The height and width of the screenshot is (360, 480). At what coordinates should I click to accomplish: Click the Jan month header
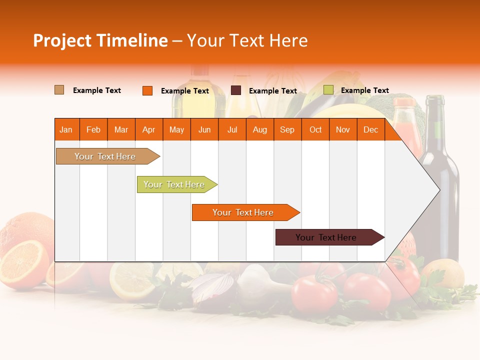point(66,129)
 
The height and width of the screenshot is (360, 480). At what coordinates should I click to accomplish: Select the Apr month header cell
point(149,129)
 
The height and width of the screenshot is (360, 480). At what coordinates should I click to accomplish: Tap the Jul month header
point(232,129)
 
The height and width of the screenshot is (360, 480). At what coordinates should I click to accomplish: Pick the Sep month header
point(287,129)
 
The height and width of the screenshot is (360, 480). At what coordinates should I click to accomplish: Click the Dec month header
point(370,129)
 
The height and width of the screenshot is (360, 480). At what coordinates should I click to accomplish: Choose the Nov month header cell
point(343,129)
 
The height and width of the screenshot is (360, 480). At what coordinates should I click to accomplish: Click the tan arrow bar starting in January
point(105,156)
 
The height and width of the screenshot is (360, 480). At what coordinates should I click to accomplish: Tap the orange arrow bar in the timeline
point(243,212)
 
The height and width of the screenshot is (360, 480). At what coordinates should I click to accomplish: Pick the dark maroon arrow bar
point(326,237)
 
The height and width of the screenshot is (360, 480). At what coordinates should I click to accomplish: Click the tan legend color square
point(59,90)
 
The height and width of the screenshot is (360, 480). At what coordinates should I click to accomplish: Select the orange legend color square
point(147,90)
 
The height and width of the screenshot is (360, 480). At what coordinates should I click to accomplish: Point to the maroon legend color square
point(236,90)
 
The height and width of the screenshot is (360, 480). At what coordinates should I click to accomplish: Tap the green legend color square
point(328,90)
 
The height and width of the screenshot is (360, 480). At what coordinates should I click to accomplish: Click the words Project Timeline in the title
point(100,40)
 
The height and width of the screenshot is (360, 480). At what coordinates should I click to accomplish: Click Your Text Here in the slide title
point(247,40)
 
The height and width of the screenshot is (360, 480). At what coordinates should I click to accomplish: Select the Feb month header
point(93,129)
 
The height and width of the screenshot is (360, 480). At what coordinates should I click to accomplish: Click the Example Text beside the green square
point(364,90)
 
